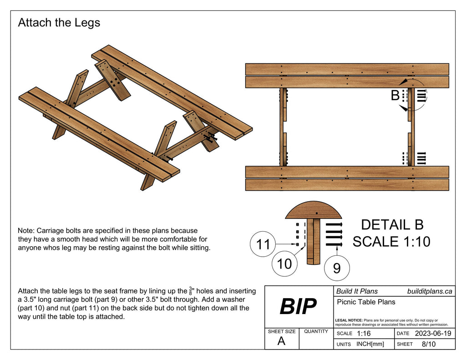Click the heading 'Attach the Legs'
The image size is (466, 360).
tap(59, 23)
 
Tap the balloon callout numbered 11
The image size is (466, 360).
tap(263, 245)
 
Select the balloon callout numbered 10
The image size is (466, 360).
tap(284, 264)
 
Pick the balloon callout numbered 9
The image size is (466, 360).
tap(337, 268)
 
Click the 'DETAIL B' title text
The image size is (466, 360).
tap(392, 225)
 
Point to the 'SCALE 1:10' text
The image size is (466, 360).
tap(391, 242)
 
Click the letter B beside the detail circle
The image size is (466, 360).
tap(395, 96)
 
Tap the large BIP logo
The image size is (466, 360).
tap(298, 307)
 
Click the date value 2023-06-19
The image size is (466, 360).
tap(433, 334)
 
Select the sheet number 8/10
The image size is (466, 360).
tap(429, 344)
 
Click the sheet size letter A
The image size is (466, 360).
tap(281, 341)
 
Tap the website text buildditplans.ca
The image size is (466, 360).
tap(430, 291)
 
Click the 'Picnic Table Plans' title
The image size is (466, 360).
tap(366, 302)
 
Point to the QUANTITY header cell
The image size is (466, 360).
tap(316, 331)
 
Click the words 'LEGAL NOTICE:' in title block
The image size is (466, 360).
tap(349, 320)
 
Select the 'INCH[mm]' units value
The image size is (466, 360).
tap(370, 344)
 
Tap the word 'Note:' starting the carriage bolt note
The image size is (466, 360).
tap(26, 231)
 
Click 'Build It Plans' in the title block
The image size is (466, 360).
tap(357, 291)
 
